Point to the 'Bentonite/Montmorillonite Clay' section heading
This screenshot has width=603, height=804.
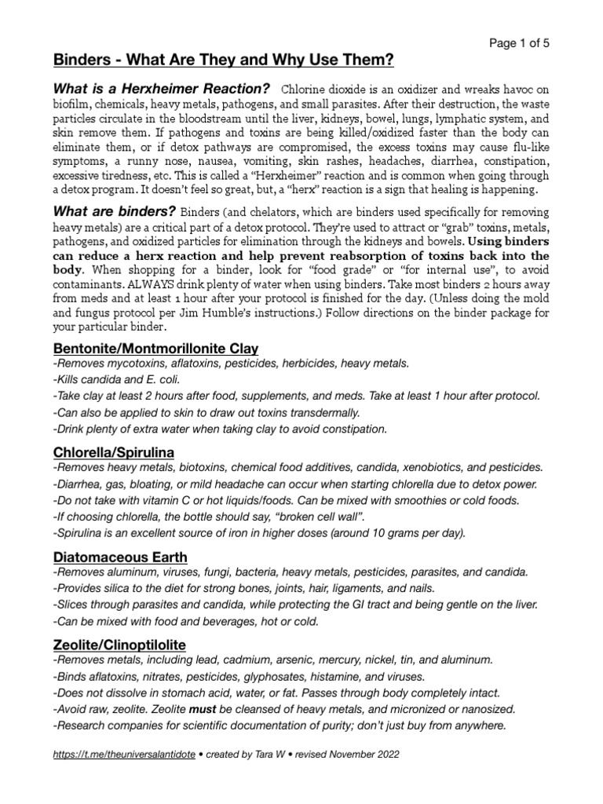[155, 348]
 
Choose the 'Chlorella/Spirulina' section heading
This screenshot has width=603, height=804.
[113, 452]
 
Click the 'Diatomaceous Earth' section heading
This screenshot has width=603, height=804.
[119, 557]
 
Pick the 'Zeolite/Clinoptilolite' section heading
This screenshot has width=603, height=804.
[119, 645]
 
